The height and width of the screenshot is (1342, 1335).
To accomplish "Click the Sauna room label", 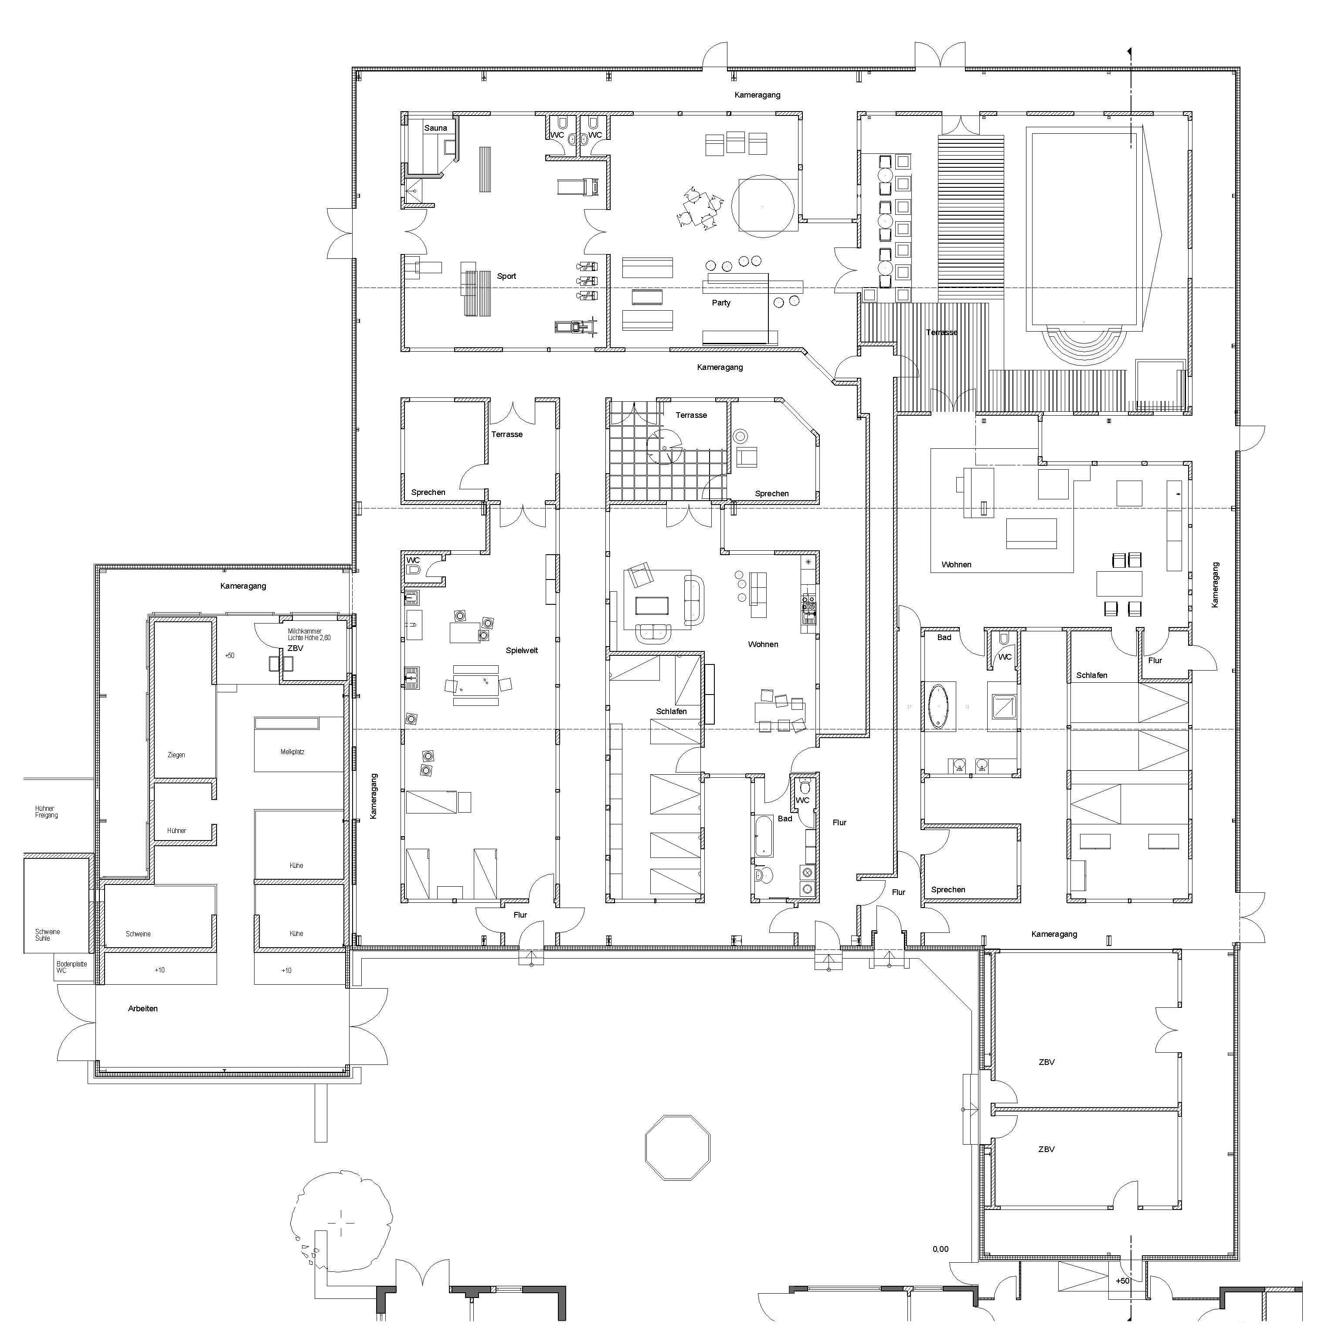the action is (436, 128).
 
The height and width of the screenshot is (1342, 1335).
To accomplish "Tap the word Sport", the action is (506, 276).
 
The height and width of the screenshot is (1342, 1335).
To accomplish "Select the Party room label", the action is (721, 303).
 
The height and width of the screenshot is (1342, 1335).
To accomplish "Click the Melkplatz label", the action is (292, 752).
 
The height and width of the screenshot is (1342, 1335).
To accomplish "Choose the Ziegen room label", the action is (177, 755).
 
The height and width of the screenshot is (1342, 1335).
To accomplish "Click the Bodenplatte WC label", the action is (71, 967).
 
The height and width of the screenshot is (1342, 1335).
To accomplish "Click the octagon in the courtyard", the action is (678, 1148).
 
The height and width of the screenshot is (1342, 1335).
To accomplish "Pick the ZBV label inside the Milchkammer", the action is (296, 648).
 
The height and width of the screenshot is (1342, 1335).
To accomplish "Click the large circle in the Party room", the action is (763, 206).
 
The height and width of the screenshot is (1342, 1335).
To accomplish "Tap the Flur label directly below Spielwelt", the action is (520, 915).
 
